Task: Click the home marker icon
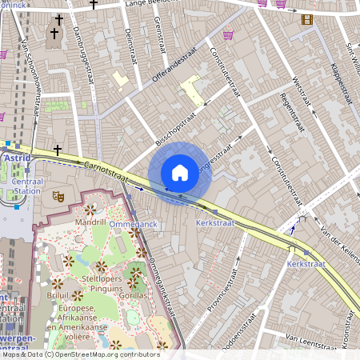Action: click(180, 172)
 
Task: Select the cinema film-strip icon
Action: click(307, 19)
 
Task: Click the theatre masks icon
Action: click(58, 194)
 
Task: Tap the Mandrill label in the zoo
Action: click(90, 221)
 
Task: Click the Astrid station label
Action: click(18, 158)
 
